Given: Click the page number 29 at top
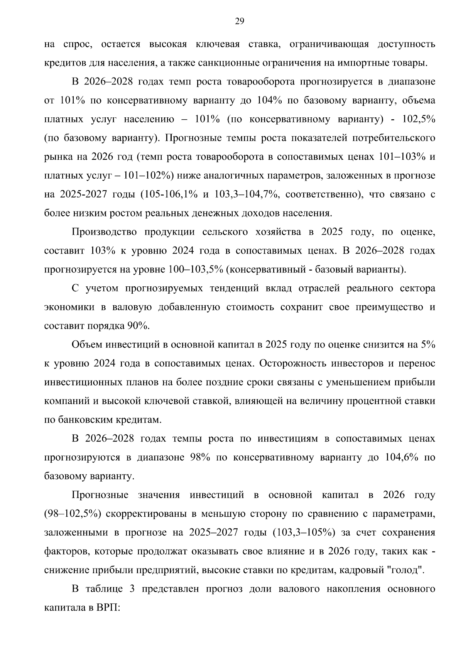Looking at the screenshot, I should click(x=239, y=21).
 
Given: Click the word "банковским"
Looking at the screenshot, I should click(x=87, y=420).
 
